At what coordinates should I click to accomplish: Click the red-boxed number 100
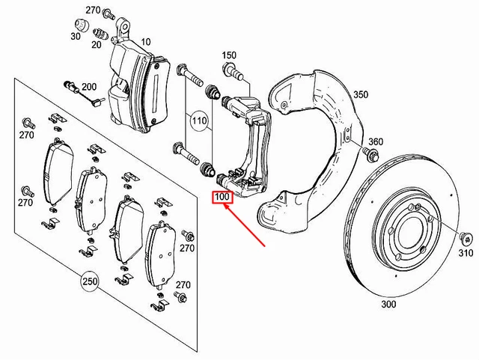coord(223,198)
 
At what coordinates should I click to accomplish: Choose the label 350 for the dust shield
coord(361,95)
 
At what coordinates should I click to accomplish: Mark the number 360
coord(376,142)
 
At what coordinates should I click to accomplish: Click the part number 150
coord(229,55)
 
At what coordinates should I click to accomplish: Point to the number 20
coord(97,44)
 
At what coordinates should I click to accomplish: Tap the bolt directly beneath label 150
coord(233,73)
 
